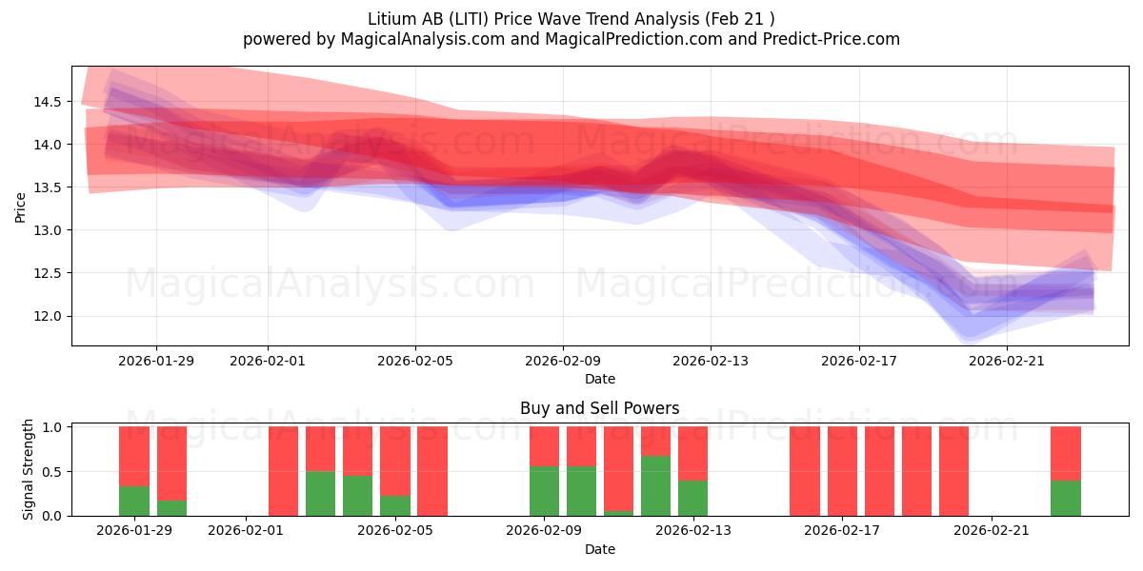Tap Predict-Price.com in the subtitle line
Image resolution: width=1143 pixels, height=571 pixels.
(x=829, y=39)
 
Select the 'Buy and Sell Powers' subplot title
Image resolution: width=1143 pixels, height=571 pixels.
(x=599, y=408)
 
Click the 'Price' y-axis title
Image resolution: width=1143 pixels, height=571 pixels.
(x=21, y=206)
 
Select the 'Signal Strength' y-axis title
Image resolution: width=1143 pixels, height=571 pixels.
(x=29, y=469)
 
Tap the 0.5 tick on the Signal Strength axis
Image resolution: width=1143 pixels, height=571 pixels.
(x=52, y=471)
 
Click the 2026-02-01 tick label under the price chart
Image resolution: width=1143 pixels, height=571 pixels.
(x=267, y=361)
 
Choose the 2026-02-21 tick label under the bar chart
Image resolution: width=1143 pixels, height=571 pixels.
(x=993, y=530)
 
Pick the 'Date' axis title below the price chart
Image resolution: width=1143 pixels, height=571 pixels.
(x=599, y=379)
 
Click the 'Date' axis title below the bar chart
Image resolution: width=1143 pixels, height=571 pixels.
(x=599, y=549)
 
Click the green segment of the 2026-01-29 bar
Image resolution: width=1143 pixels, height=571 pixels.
(x=134, y=501)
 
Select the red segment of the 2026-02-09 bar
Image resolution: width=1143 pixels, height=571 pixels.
(x=544, y=445)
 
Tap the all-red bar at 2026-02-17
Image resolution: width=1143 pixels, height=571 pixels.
(x=842, y=471)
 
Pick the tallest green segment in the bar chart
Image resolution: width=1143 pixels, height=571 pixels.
(x=655, y=485)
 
